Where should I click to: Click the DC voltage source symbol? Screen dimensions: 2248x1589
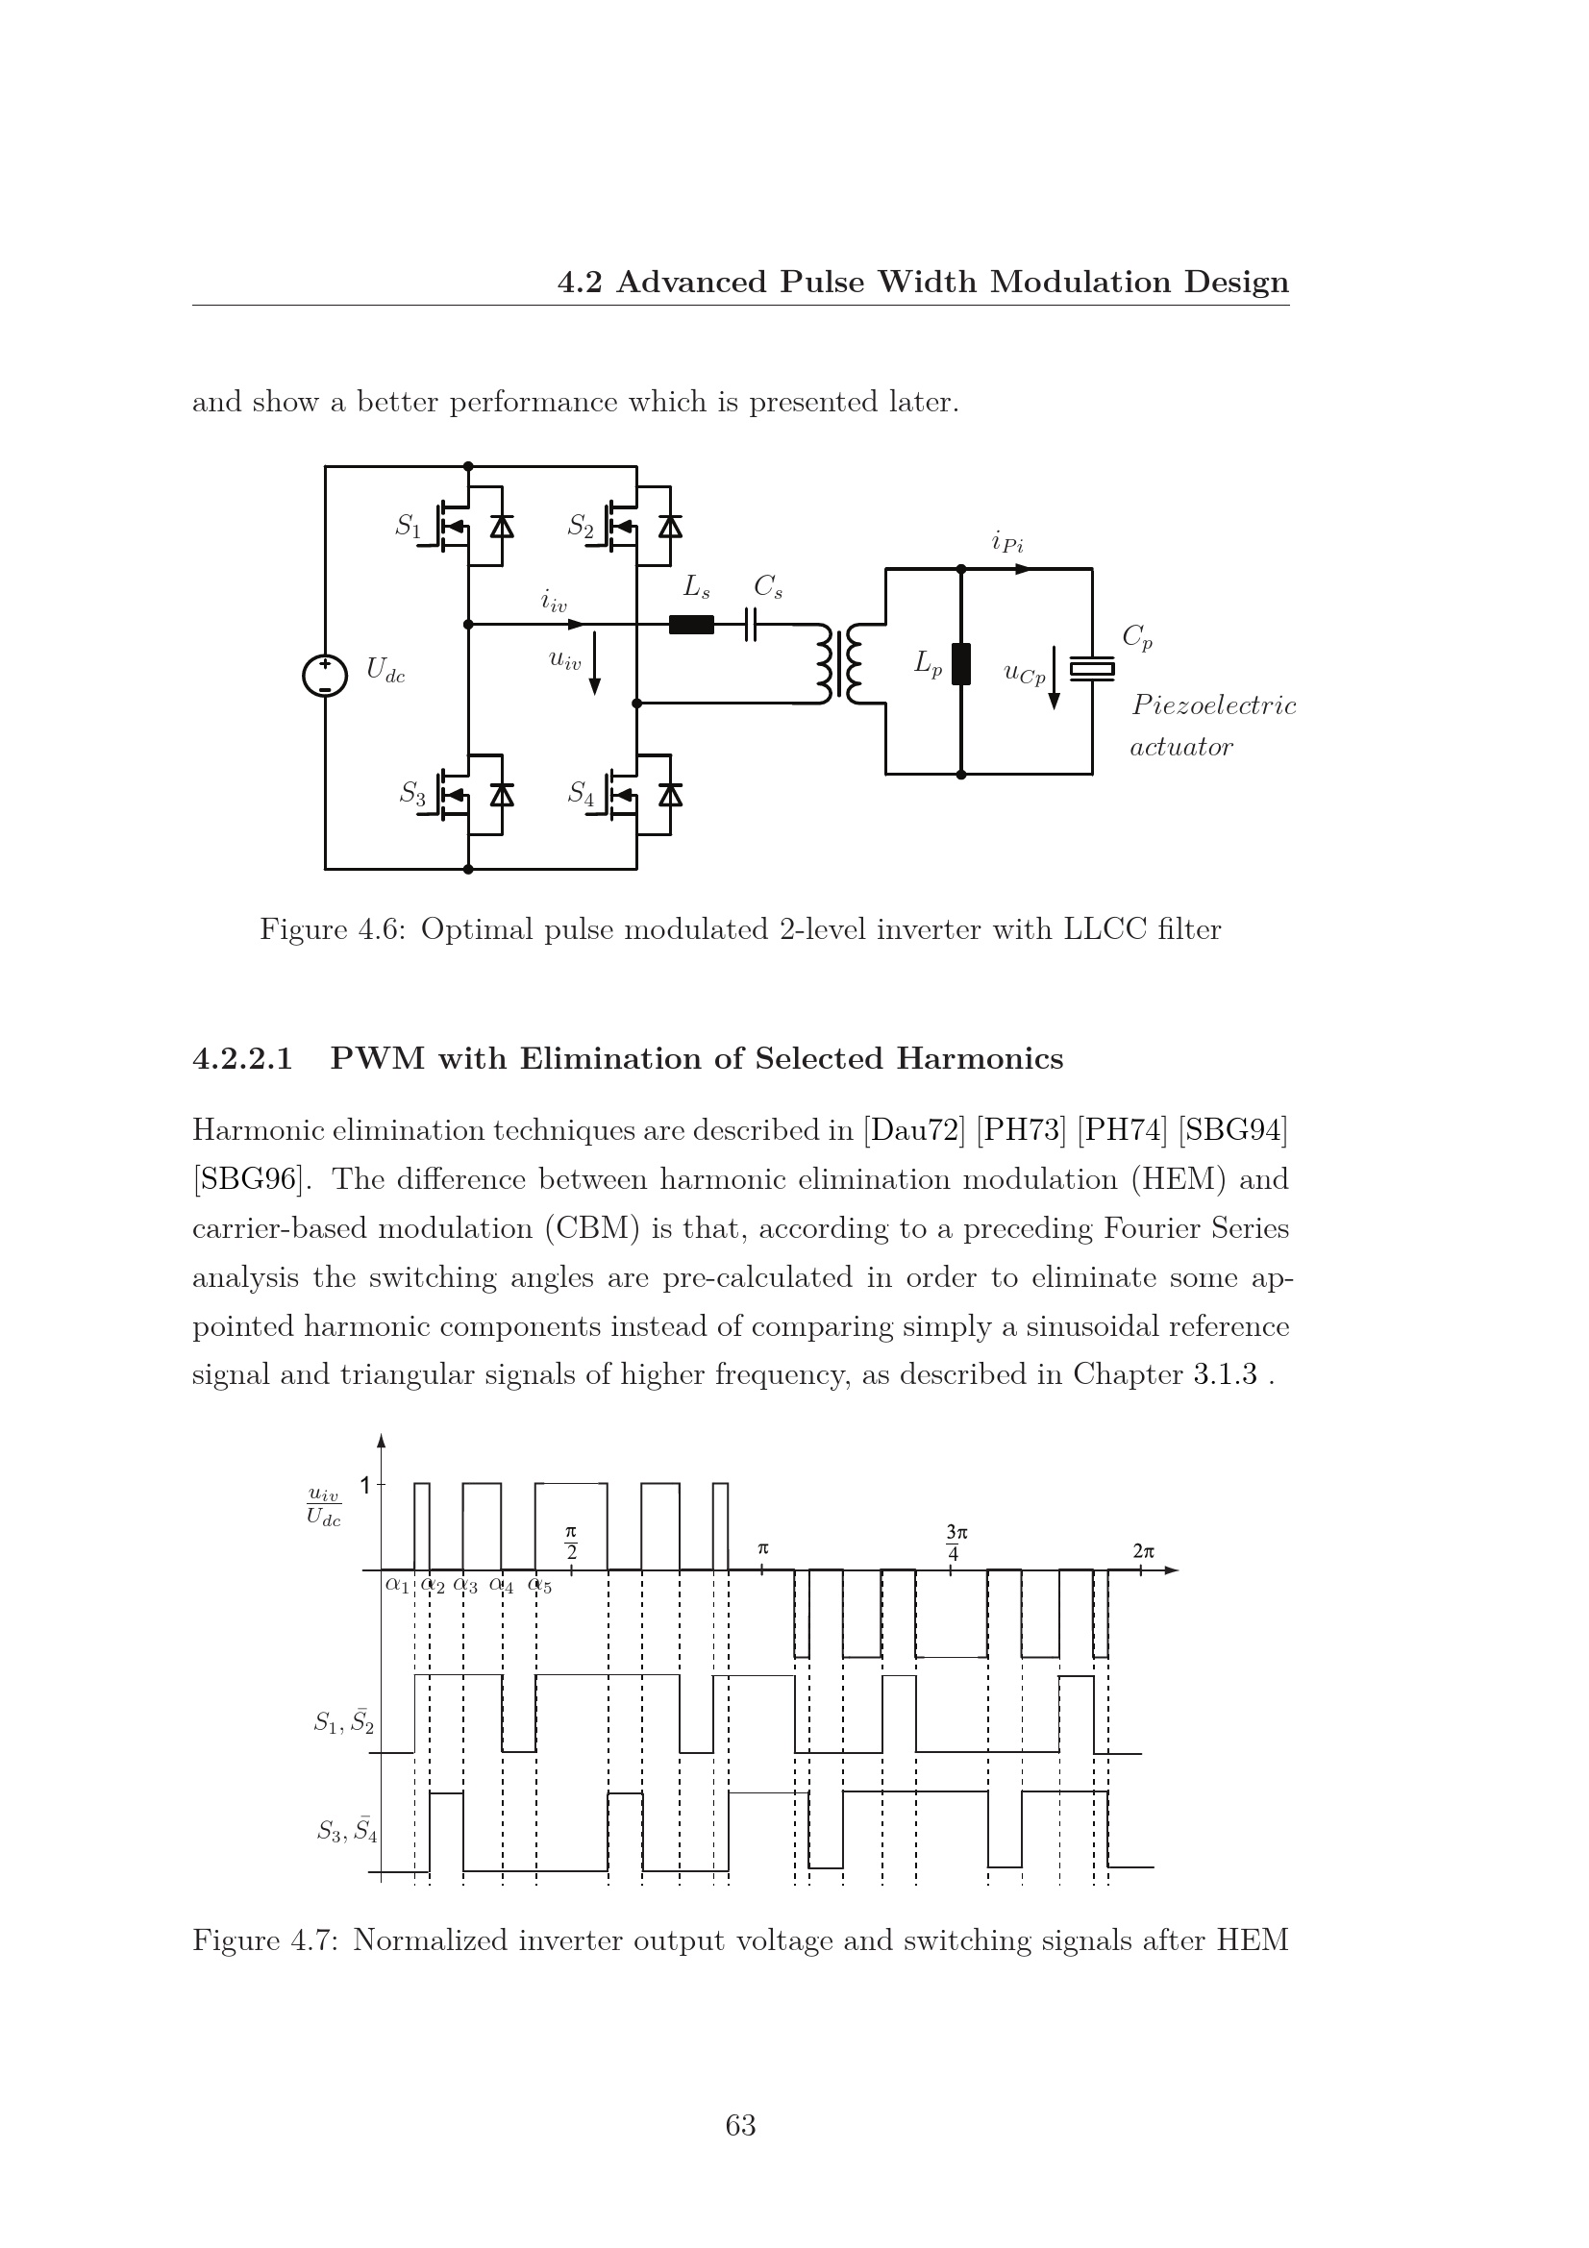click(325, 676)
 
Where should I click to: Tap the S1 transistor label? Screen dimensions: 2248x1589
click(408, 527)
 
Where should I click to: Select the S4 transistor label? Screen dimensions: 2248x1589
click(581, 793)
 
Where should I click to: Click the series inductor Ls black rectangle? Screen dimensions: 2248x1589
click(691, 625)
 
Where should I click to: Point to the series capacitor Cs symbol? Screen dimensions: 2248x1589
click(751, 625)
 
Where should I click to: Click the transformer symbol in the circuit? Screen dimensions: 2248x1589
click(839, 663)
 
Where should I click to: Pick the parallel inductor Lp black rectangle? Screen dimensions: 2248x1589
click(960, 664)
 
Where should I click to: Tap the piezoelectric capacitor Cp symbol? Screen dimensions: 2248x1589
click(1092, 669)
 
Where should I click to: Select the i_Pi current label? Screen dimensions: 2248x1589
click(1007, 541)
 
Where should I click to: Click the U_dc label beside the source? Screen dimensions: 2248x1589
click(385, 671)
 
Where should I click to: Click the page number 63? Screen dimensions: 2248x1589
click(740, 2125)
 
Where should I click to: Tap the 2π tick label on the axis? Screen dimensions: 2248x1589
click(1143, 1551)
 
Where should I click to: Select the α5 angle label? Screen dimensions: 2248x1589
click(540, 1585)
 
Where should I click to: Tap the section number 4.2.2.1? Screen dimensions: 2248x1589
click(243, 1058)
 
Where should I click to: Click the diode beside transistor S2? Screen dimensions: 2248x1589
click(671, 527)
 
